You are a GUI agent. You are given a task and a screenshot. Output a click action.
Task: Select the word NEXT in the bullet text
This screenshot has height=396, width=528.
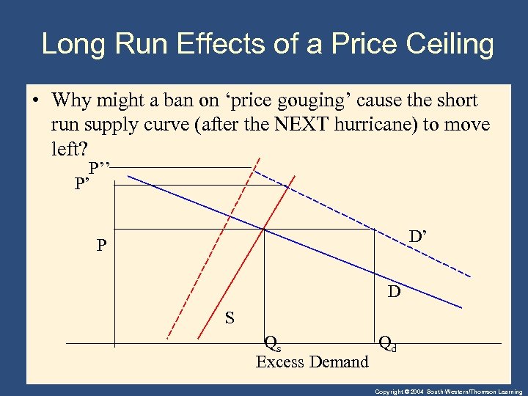click(309, 125)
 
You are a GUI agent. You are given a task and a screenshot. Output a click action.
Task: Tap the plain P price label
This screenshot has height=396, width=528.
click(101, 246)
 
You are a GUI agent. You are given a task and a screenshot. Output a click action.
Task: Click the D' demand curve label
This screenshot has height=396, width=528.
click(419, 237)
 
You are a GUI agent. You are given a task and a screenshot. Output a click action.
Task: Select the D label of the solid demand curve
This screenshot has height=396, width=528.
click(395, 293)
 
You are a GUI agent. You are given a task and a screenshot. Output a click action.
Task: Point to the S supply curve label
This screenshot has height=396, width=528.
click(230, 318)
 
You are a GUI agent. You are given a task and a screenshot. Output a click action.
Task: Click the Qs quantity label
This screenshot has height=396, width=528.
click(272, 342)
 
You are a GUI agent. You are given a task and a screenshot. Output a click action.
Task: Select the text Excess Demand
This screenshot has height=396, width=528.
click(312, 362)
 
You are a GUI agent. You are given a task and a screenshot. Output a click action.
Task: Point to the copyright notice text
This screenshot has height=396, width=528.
click(448, 392)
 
